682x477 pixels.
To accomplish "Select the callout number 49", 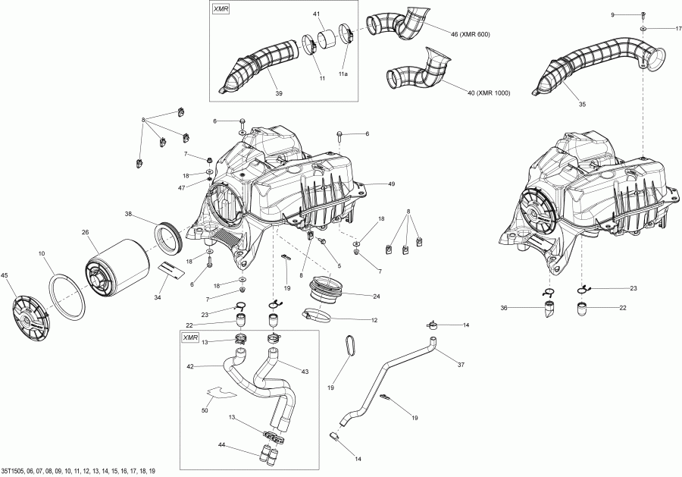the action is tap(392, 184).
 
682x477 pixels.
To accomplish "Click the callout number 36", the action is tap(524, 307).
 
